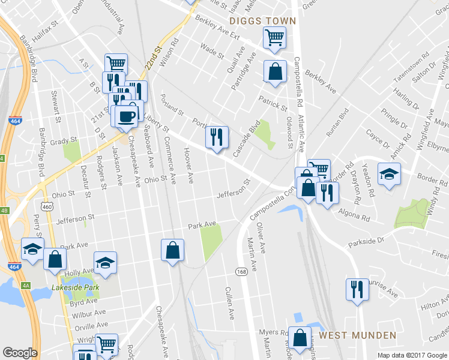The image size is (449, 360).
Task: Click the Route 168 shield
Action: click(x=241, y=272)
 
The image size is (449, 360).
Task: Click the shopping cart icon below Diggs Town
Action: click(x=274, y=38)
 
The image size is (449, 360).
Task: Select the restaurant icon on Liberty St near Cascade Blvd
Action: click(x=217, y=137)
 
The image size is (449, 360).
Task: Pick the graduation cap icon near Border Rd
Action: click(x=389, y=175)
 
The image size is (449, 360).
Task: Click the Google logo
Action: click(x=20, y=353)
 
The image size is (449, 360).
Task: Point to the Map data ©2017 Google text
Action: click(x=412, y=355)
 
